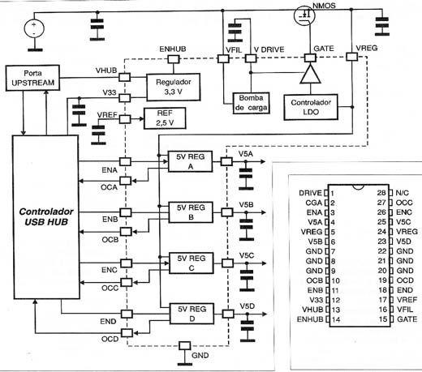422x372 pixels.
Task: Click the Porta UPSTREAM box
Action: point(32,78)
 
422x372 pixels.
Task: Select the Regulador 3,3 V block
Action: point(174,87)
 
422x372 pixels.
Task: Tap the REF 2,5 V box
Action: point(165,118)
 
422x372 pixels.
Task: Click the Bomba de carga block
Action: point(251,103)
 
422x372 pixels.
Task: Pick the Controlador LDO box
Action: point(311,107)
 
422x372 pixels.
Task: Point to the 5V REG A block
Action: point(190,161)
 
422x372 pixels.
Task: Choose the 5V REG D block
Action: point(192,314)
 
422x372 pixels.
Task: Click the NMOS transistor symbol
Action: point(304,15)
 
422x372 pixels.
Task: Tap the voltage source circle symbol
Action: point(34,28)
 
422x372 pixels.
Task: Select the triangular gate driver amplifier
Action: point(311,74)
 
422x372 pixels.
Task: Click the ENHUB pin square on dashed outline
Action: point(174,59)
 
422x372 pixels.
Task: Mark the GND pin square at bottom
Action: point(185,345)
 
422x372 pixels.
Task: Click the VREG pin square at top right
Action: point(352,57)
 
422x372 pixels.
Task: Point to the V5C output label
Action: point(247,255)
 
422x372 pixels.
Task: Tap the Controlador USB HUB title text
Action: point(46,216)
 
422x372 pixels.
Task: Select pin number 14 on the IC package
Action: point(336,319)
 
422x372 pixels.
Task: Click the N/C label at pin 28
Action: point(402,193)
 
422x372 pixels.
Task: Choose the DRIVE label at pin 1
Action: point(311,193)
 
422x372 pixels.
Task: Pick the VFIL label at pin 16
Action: point(405,310)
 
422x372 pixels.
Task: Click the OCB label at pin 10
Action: point(315,280)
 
